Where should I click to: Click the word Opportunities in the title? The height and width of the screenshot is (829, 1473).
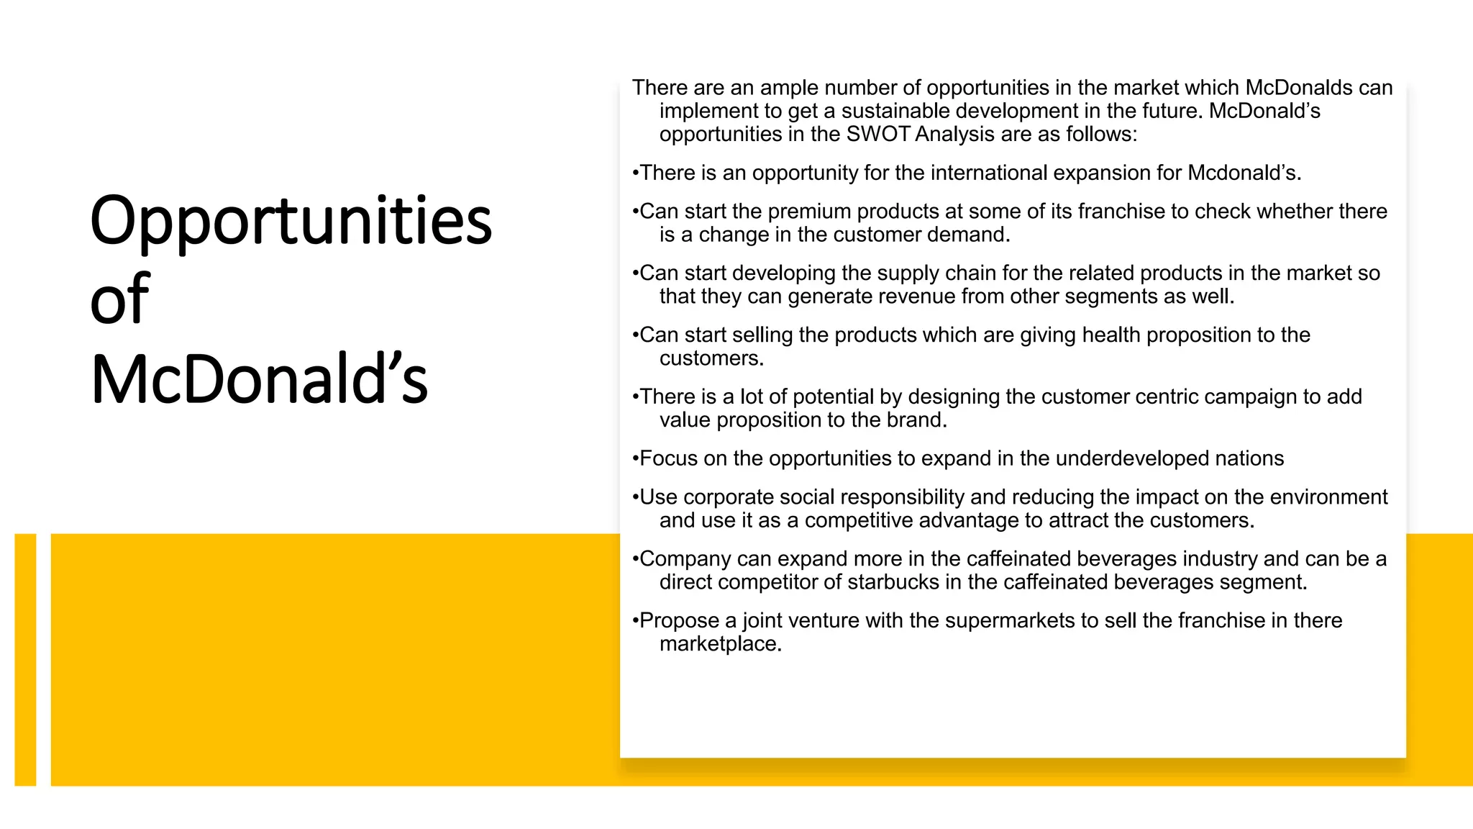(x=291, y=222)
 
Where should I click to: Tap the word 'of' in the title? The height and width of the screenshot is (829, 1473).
(x=119, y=299)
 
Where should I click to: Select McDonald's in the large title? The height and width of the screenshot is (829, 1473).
(x=259, y=379)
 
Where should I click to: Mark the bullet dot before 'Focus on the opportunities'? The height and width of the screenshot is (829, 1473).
(x=635, y=459)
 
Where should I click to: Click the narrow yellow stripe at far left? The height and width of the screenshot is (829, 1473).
(x=25, y=659)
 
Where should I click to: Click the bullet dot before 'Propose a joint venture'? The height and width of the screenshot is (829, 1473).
(x=635, y=621)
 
